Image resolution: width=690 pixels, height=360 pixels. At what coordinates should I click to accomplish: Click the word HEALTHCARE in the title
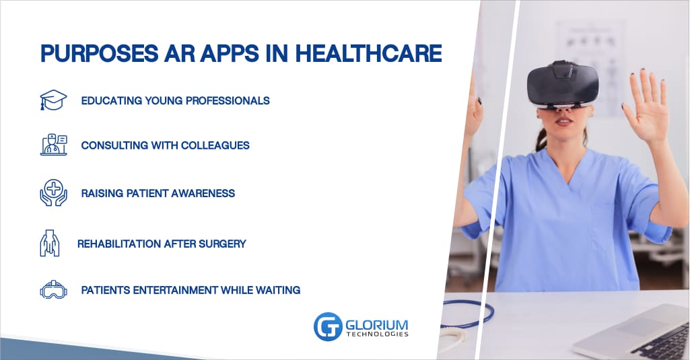click(x=368, y=53)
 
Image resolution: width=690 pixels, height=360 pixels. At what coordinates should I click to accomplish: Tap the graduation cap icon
click(x=53, y=100)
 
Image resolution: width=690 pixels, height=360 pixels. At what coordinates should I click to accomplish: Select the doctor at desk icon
click(x=54, y=145)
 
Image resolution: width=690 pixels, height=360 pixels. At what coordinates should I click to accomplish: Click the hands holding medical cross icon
click(x=53, y=192)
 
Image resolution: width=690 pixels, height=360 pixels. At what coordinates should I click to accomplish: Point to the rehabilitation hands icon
click(x=50, y=243)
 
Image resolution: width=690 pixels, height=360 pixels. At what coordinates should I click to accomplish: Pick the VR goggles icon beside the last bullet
click(x=53, y=289)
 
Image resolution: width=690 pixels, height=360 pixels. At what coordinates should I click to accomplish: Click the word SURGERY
click(x=222, y=244)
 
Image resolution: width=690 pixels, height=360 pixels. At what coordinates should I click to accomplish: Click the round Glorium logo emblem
click(x=328, y=326)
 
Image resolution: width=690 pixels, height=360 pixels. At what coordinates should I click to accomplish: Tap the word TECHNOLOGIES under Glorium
click(x=377, y=334)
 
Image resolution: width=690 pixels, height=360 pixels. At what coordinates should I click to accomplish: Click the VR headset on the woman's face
click(x=563, y=85)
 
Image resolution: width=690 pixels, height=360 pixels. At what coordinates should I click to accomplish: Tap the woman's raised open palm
click(x=646, y=108)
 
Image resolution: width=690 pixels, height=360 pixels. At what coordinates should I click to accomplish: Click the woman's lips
click(x=564, y=120)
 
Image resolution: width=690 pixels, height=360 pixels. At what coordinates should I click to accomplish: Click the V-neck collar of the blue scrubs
click(x=567, y=167)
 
